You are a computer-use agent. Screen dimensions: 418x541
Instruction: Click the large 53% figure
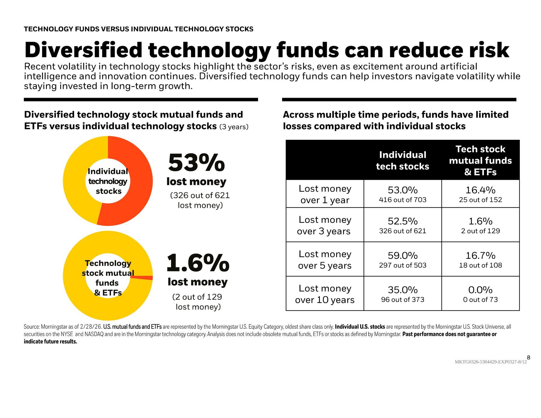pos(196,163)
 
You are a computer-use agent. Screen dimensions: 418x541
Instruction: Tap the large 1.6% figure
pos(198,263)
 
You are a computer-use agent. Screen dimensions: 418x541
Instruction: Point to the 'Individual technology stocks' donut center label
pos(108,181)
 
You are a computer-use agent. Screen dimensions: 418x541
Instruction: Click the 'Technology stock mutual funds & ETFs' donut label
pos(108,278)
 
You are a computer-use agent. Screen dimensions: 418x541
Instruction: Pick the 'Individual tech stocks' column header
pos(402,161)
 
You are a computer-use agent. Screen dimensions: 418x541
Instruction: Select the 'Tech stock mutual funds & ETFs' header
pos(480,161)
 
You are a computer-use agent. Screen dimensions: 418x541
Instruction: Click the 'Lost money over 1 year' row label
pos(325,194)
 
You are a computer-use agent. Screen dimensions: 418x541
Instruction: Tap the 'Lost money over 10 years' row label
pos(325,294)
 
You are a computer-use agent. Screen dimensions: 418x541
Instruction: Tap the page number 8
pos(528,358)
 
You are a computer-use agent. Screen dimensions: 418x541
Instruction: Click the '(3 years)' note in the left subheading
pos(234,127)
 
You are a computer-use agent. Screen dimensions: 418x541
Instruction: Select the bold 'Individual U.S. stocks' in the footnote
pos(360,327)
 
